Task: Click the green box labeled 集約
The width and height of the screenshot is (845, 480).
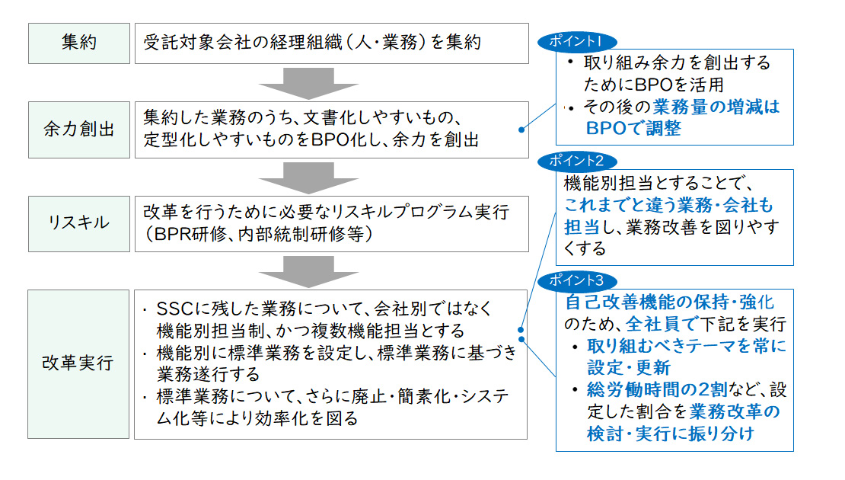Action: pos(79,43)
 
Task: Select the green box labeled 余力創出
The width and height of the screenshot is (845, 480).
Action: pos(79,129)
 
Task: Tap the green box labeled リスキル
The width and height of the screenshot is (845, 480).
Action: pos(79,223)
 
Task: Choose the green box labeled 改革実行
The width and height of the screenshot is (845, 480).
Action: pos(79,363)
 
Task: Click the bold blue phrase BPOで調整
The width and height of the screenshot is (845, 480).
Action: pos(633,128)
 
